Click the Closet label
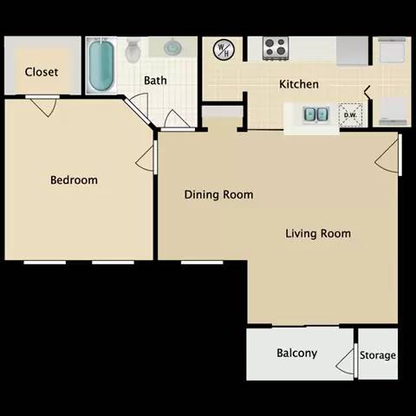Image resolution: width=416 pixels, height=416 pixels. click(42, 72)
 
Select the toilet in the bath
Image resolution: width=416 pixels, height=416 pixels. click(133, 51)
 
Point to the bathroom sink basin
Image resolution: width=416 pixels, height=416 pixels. click(171, 48)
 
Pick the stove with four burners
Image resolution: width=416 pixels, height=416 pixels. click(276, 48)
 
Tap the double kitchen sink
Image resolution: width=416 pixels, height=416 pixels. click(315, 114)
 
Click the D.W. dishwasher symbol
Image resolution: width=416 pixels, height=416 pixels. click(352, 114)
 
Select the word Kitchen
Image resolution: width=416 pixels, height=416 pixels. click(299, 85)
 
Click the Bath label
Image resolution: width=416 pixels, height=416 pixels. click(156, 81)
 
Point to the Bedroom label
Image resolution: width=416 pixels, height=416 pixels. click(74, 180)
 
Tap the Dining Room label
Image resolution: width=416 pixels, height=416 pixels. click(219, 194)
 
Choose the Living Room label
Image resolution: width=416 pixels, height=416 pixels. click(319, 233)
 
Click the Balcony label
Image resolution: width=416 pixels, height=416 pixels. click(296, 353)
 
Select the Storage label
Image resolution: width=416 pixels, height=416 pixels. click(378, 355)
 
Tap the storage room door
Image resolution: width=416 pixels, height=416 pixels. click(354, 357)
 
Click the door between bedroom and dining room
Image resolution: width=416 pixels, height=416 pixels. click(147, 158)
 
